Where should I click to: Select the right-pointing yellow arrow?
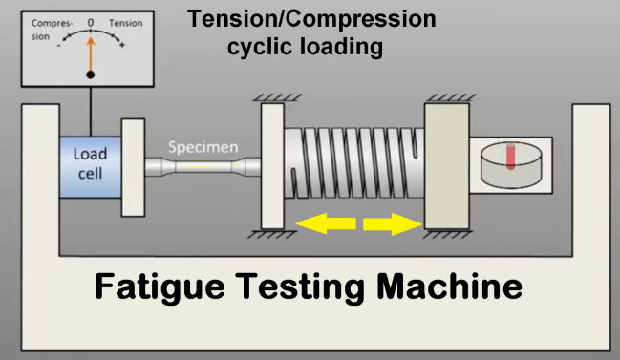(x=392, y=223)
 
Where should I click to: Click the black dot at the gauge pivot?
(x=91, y=74)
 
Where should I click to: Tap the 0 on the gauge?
(x=91, y=21)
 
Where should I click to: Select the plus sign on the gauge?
(x=122, y=45)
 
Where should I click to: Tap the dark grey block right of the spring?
(x=446, y=166)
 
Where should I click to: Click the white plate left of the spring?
(x=273, y=166)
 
